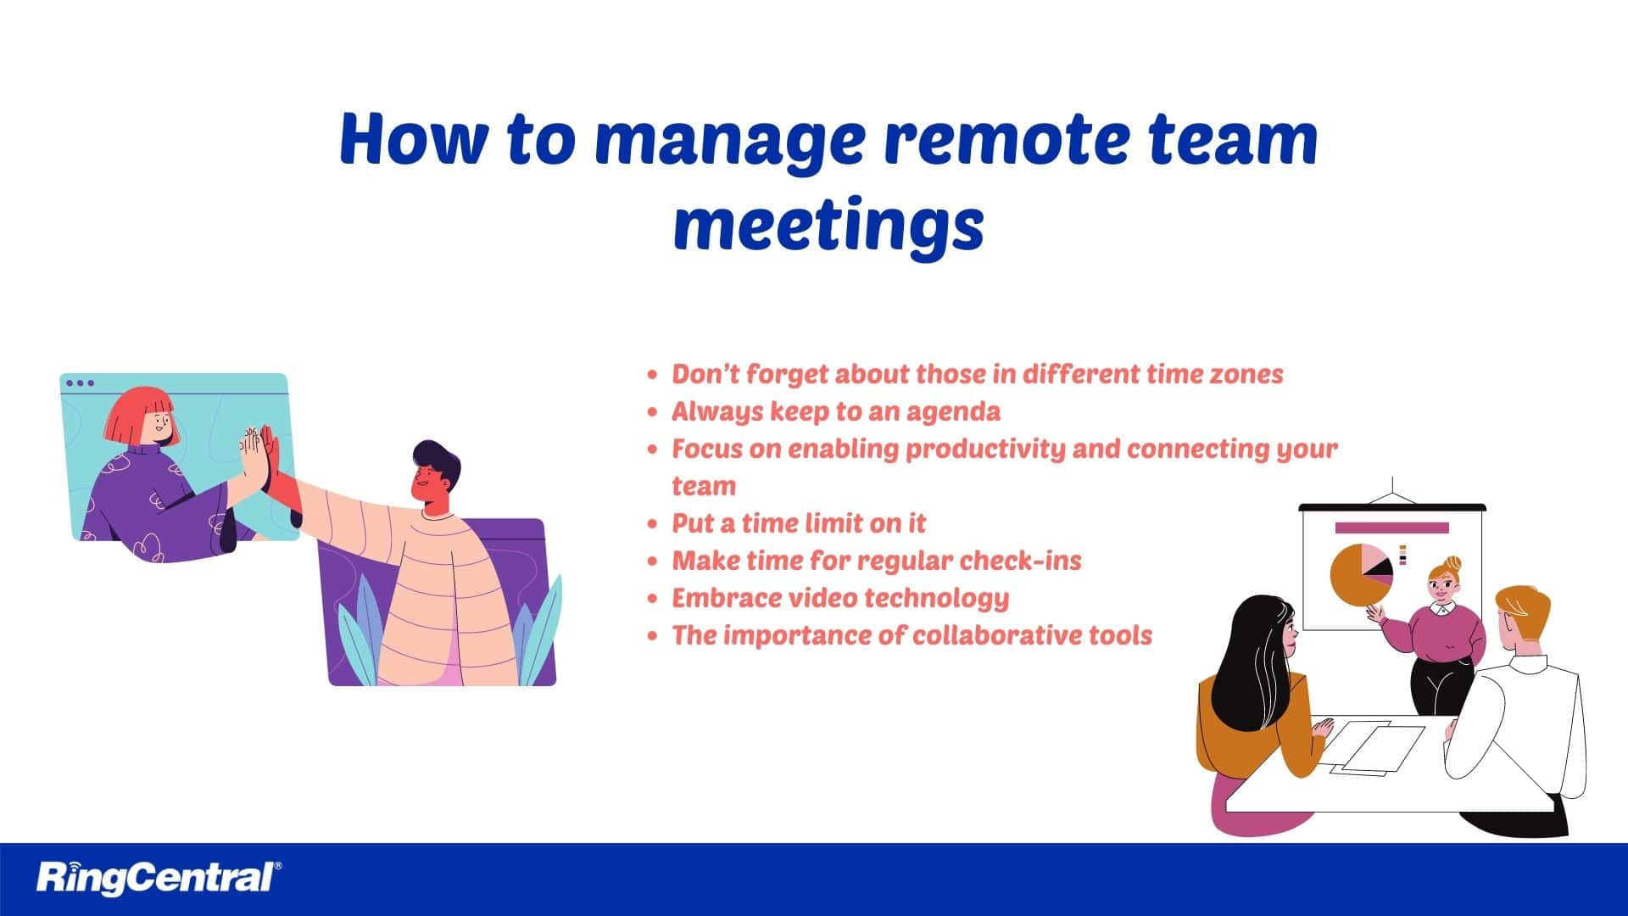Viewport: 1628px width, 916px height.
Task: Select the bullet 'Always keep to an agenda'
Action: tap(835, 411)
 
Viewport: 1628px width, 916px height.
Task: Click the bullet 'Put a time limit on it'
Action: tap(799, 523)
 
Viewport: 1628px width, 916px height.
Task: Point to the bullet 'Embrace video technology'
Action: tap(840, 598)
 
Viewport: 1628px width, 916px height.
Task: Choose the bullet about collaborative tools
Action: tap(912, 635)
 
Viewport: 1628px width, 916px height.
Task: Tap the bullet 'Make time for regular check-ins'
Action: tap(876, 561)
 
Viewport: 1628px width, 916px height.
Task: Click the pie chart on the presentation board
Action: tap(1359, 574)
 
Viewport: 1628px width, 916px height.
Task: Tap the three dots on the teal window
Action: tap(80, 383)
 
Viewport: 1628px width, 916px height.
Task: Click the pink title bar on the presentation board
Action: tap(1391, 528)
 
